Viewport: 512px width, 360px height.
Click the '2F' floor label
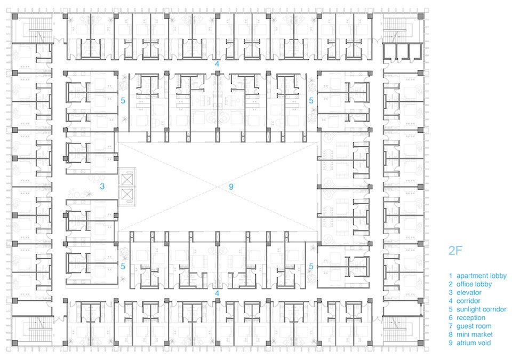point(455,251)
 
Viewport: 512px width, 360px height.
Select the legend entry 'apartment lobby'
point(481,276)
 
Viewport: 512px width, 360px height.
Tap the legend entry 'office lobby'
point(474,284)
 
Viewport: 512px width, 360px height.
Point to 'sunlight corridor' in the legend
point(481,309)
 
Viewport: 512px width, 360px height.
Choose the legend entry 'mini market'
point(475,334)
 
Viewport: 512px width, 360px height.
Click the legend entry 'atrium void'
point(474,343)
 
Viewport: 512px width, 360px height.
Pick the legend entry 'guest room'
point(474,326)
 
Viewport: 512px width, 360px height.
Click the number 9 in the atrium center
point(231,187)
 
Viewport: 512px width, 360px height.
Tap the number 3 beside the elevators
point(102,186)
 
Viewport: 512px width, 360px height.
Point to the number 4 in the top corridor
point(217,64)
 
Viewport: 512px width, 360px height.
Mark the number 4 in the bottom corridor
point(217,293)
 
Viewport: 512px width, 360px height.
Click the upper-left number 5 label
point(123,101)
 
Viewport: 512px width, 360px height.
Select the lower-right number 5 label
point(311,267)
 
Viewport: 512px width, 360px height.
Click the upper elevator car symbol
point(126,179)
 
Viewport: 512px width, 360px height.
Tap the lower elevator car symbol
point(126,195)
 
